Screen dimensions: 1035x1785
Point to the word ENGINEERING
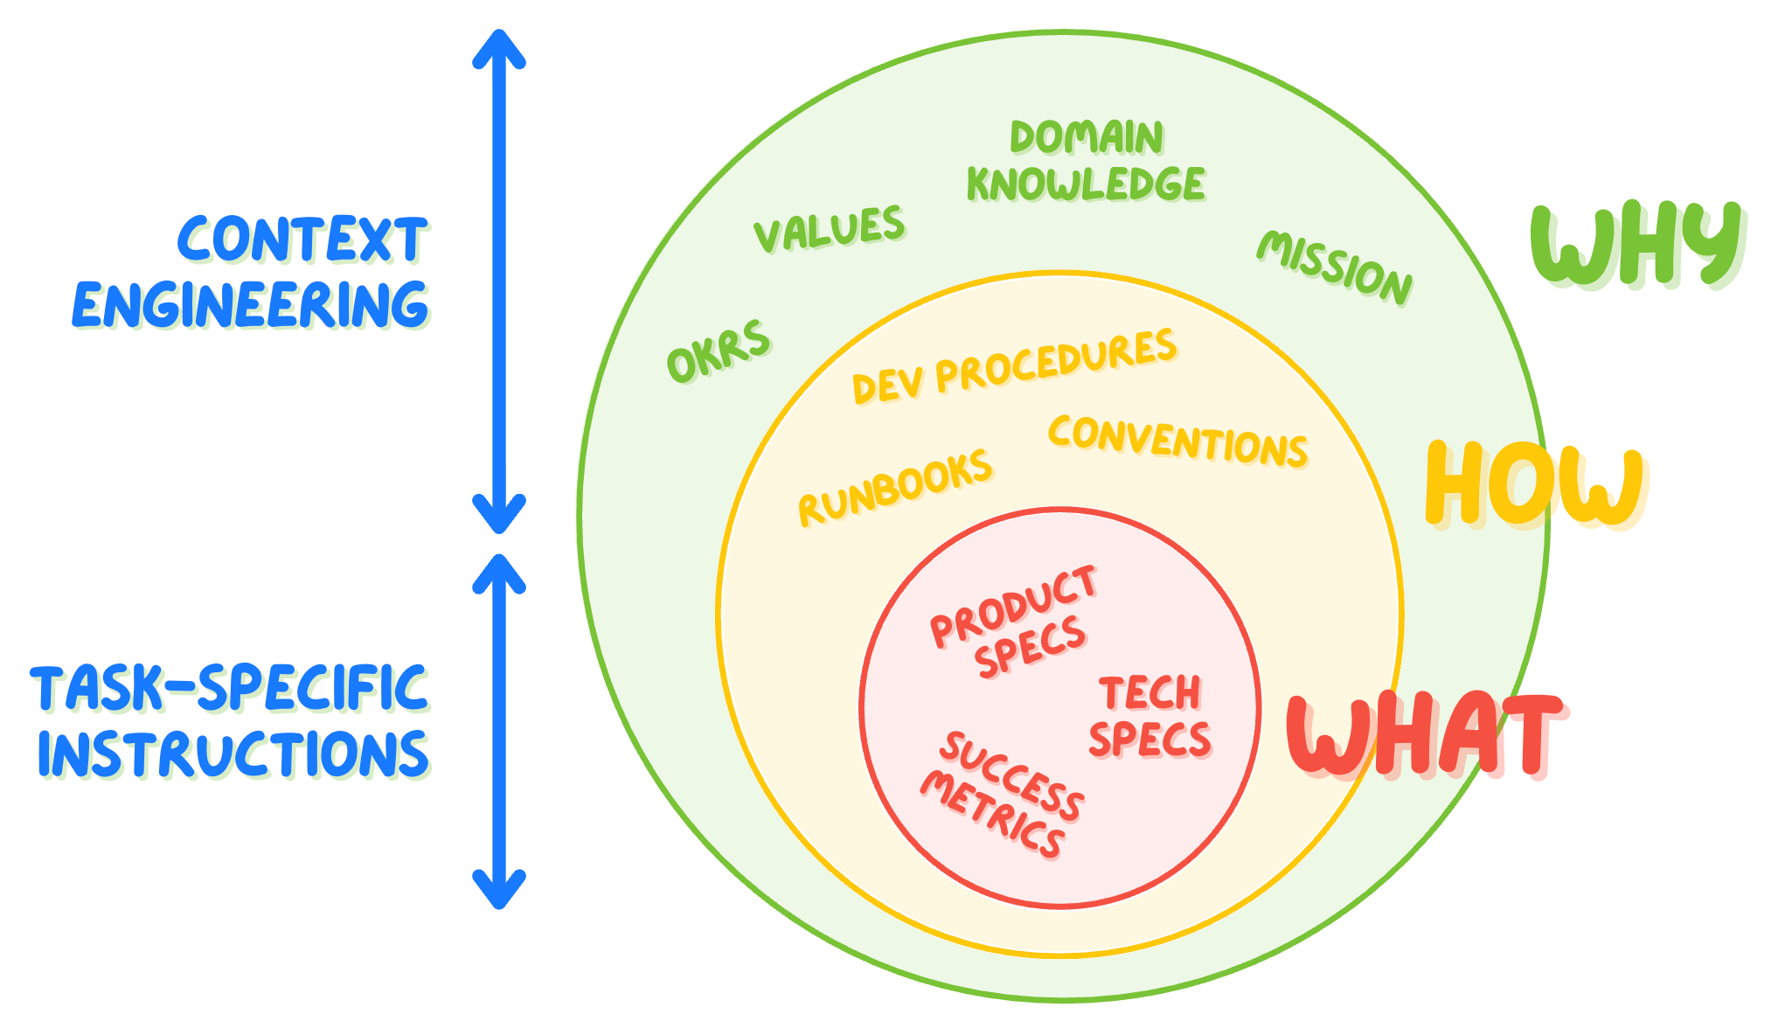pos(250,305)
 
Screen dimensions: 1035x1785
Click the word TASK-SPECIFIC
pos(230,688)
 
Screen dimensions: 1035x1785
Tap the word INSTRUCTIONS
pos(233,754)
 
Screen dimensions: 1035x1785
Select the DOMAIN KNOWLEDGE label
pos(1086,162)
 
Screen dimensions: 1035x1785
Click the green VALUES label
pos(829,228)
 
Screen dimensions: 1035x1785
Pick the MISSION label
pos(1334,267)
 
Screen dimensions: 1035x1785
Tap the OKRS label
pos(719,351)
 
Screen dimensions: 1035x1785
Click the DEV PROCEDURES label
pos(1014,366)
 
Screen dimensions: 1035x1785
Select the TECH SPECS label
pos(1149,717)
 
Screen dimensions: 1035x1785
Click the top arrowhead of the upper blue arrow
pos(499,42)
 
